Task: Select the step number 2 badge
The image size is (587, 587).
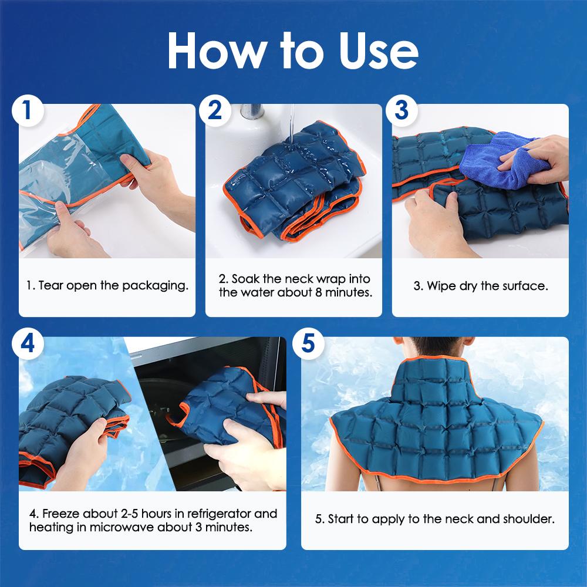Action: pyautogui.click(x=215, y=111)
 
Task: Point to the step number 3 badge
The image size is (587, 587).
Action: pyautogui.click(x=402, y=111)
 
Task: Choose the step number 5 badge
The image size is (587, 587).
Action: pyautogui.click(x=310, y=344)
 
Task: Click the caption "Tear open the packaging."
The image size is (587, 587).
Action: pyautogui.click(x=107, y=286)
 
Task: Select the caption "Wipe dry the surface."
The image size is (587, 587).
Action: pyautogui.click(x=480, y=286)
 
